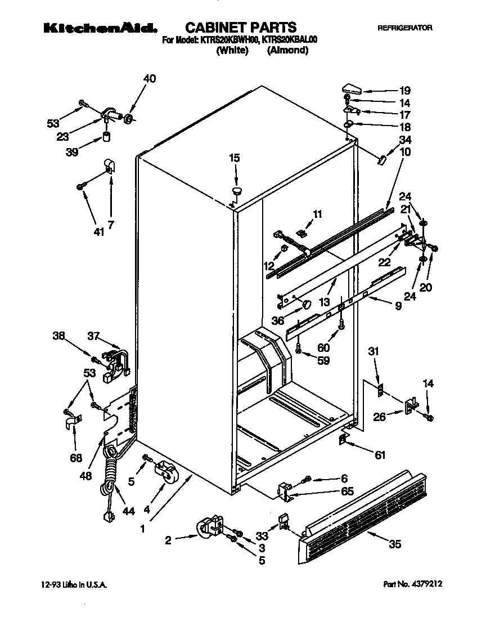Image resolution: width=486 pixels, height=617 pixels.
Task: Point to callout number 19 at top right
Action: tap(404, 90)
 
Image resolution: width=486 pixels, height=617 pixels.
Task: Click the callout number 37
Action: tap(93, 336)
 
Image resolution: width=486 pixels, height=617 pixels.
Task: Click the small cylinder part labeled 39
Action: tap(107, 137)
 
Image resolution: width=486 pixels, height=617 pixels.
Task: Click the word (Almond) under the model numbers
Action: tap(287, 50)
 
